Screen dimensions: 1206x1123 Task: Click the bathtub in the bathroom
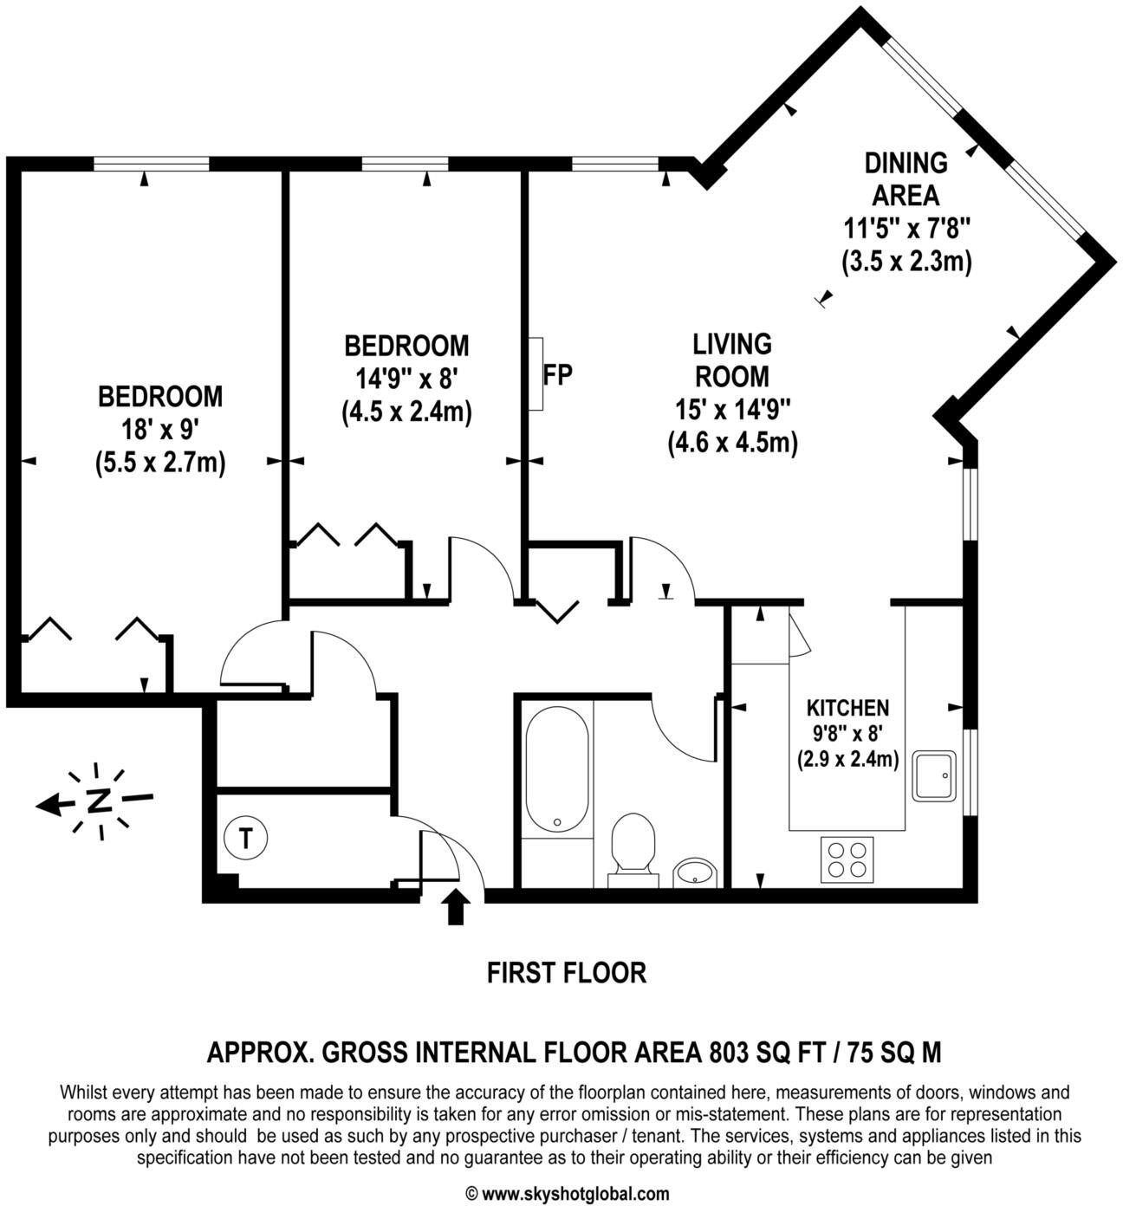click(556, 769)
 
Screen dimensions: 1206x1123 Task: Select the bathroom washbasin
click(695, 872)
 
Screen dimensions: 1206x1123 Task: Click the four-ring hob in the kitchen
click(847, 859)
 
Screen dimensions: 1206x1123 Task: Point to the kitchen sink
click(933, 775)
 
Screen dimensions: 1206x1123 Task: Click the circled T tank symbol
click(246, 839)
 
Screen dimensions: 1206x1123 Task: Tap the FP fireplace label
click(557, 376)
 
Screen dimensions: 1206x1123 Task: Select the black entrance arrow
click(455, 908)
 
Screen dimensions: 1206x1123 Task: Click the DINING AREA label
click(906, 178)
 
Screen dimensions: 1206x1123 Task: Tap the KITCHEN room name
click(847, 708)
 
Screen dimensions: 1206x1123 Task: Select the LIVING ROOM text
click(732, 360)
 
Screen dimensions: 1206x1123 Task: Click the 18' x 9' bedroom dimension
click(160, 430)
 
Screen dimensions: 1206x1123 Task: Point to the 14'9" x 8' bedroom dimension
click(406, 379)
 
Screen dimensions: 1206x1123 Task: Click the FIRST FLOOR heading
click(567, 973)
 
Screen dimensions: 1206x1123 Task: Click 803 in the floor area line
click(727, 1053)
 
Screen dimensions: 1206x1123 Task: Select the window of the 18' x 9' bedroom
click(152, 163)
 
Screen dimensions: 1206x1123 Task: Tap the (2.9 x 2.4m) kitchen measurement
click(847, 760)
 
